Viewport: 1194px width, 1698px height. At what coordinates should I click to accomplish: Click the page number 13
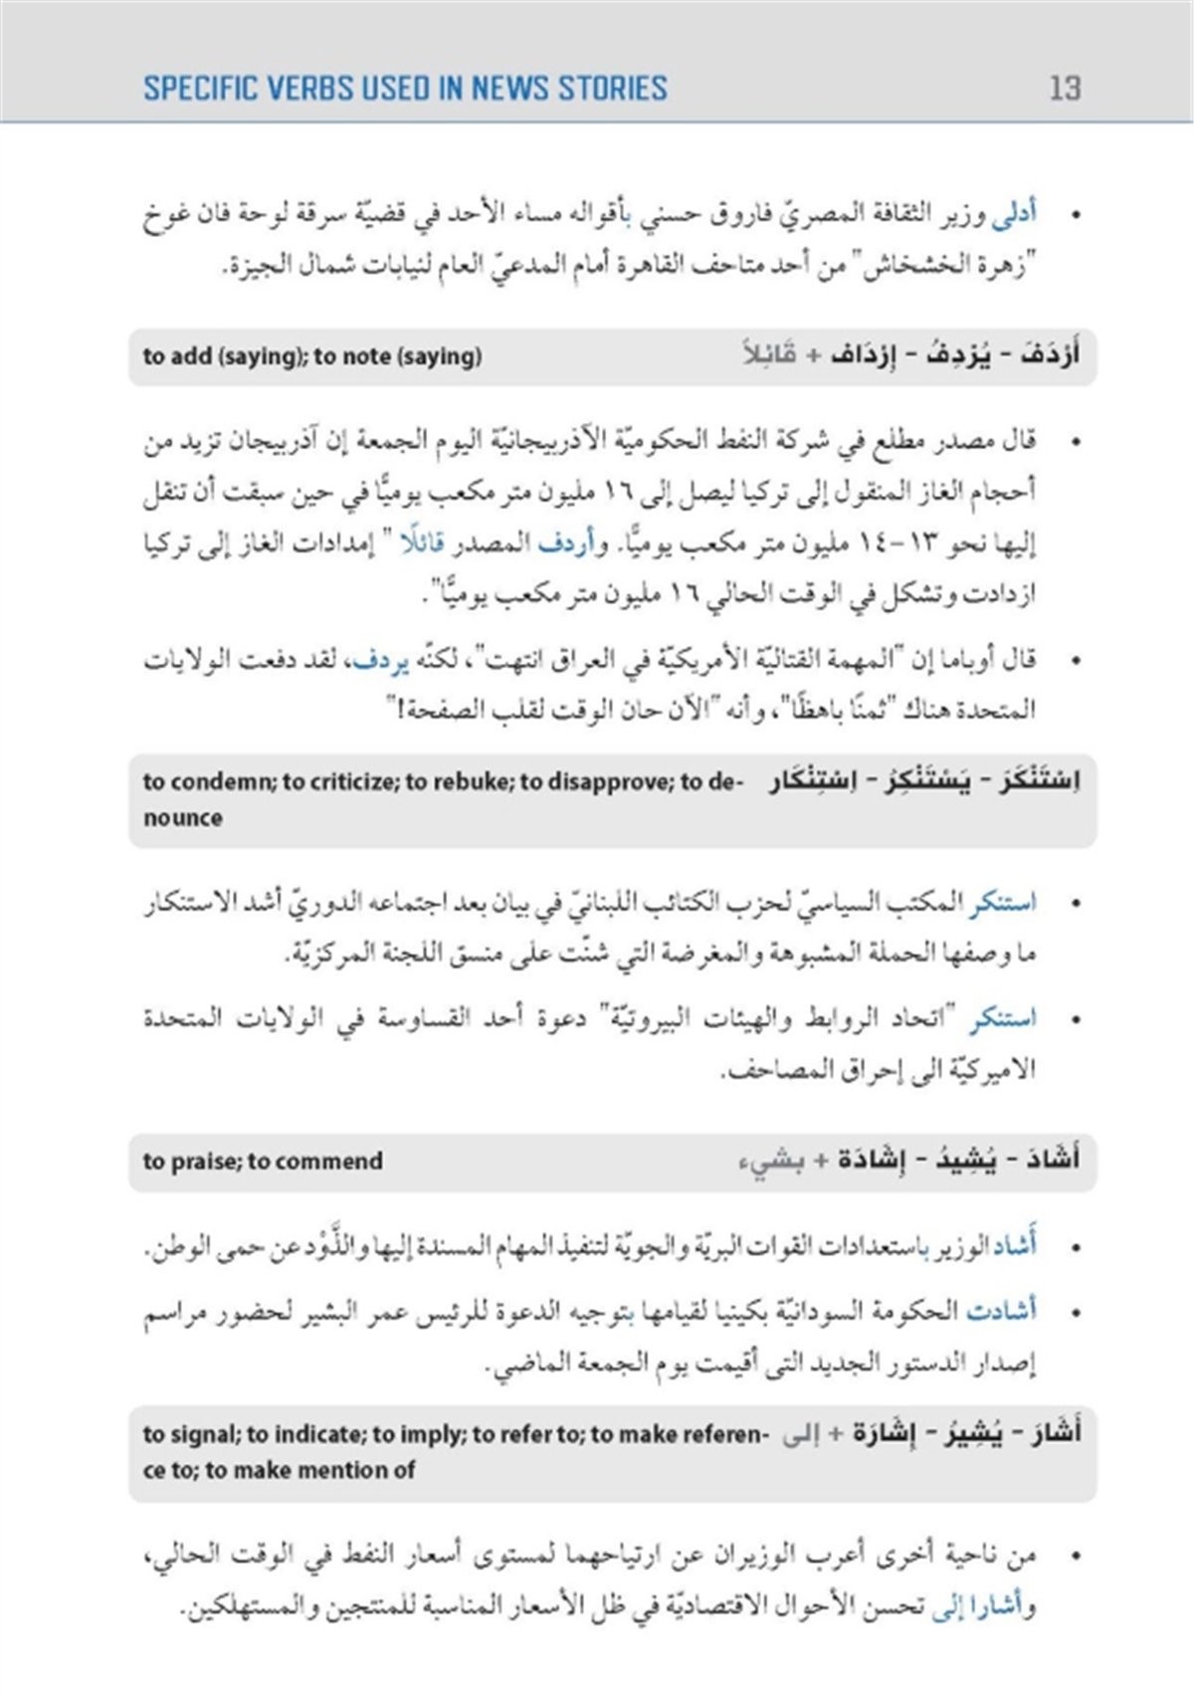coord(1064,89)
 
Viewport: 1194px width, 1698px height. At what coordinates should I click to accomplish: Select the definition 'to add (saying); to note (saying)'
coord(311,356)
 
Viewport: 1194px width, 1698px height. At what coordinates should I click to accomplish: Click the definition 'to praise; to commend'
coord(263,1161)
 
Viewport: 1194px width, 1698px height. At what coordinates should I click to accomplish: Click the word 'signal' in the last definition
coord(204,1434)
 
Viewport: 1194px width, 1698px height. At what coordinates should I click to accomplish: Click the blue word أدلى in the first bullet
coord(1015,214)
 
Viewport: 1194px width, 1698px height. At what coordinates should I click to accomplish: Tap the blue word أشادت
coord(1001,1311)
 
